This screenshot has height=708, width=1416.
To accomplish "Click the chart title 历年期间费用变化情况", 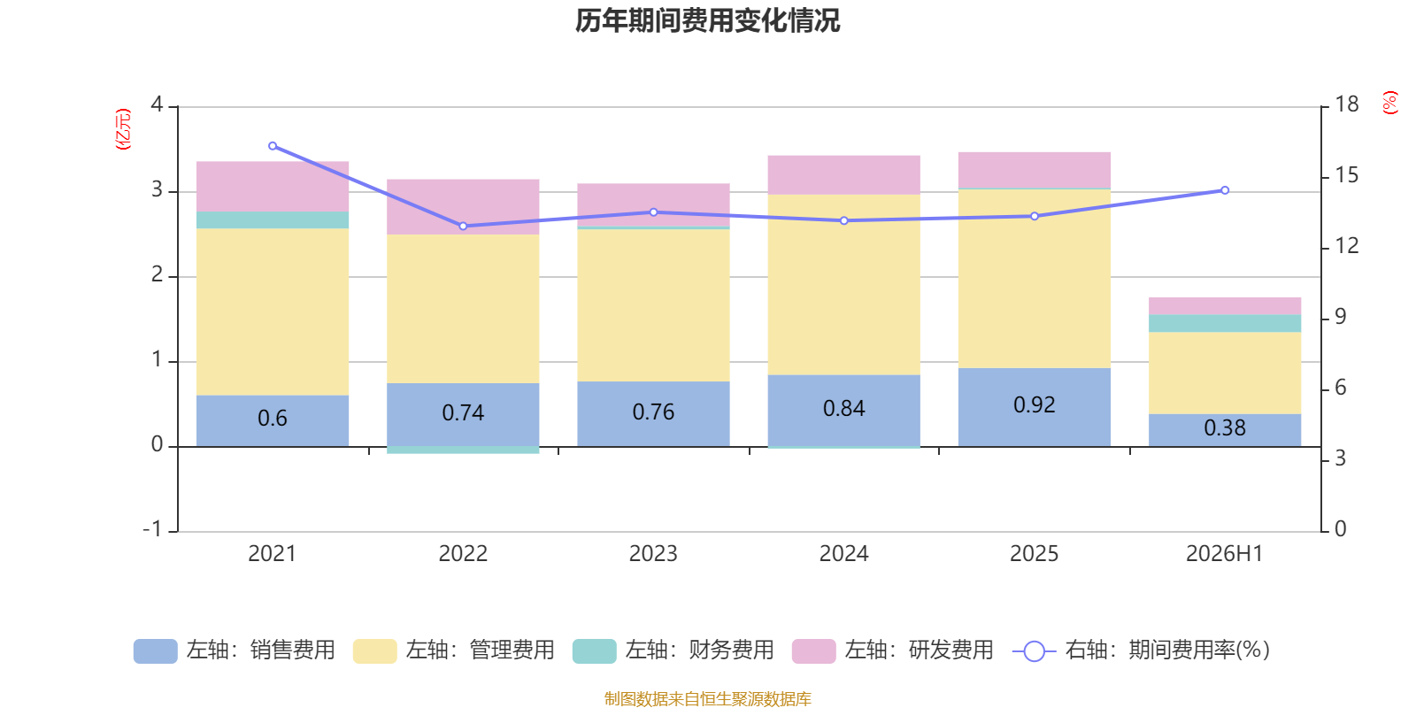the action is click(707, 21).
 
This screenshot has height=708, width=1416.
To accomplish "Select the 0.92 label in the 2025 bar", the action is click(1035, 404).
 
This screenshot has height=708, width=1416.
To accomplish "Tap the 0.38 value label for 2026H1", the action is click(1225, 428).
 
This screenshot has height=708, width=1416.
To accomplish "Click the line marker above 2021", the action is click(273, 146).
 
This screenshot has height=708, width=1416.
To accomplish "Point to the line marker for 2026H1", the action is click(1225, 190).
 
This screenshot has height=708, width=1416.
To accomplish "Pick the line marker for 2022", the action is click(463, 226).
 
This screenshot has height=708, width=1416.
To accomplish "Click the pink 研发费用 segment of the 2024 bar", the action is click(844, 174).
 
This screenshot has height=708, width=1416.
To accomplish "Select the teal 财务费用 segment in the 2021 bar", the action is click(273, 220).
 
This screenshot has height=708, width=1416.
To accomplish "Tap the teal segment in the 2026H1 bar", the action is click(1225, 323).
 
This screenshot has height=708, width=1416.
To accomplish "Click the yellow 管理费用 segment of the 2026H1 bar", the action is click(1225, 373).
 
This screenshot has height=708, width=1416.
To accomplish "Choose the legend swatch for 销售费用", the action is click(156, 651).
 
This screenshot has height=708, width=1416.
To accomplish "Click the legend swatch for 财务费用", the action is click(594, 651).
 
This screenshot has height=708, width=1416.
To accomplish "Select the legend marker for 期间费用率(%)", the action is click(1035, 651).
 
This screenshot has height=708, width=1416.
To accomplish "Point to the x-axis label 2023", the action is click(653, 554).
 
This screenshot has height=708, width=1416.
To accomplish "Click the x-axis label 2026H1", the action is click(1225, 554).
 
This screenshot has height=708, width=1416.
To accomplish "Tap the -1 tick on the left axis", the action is click(152, 529).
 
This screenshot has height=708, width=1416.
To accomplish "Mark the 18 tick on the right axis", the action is click(1346, 104).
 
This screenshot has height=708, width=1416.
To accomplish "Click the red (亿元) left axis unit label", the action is click(123, 129).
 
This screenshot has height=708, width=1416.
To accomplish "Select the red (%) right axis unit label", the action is click(1390, 103).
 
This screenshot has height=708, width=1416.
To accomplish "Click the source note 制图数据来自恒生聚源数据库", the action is click(707, 698).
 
